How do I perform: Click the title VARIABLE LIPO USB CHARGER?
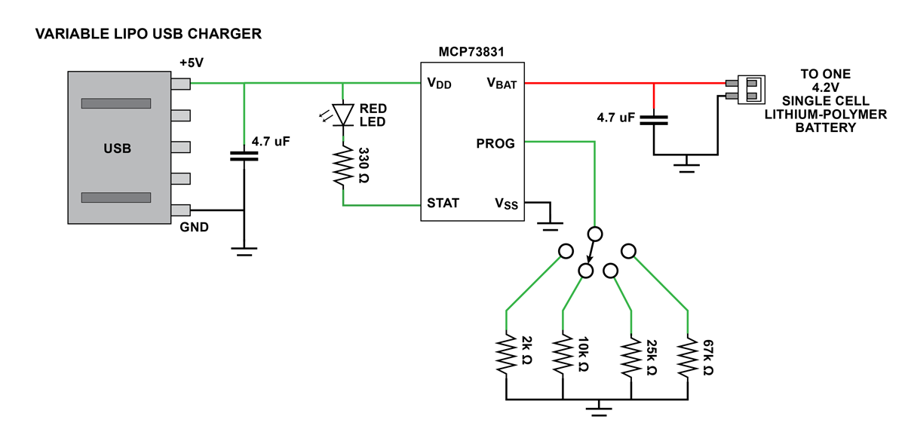tap(149, 34)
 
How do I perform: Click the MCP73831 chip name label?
tap(471, 52)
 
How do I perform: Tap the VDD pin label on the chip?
tap(439, 84)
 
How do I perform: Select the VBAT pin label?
tap(502, 84)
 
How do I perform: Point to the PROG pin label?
tap(495, 142)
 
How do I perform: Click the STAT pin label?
tap(443, 203)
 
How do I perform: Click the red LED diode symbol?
tap(343, 114)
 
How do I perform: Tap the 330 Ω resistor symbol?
tap(343, 166)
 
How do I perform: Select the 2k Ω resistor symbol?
tap(505, 354)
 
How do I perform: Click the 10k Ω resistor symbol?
tap(563, 354)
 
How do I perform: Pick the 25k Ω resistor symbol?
tap(630, 354)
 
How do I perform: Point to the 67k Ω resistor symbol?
tap(687, 354)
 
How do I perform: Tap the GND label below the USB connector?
tap(194, 226)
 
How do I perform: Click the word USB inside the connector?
tap(117, 149)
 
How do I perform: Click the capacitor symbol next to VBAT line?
tap(654, 119)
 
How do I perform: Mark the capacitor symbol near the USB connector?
tap(244, 156)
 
